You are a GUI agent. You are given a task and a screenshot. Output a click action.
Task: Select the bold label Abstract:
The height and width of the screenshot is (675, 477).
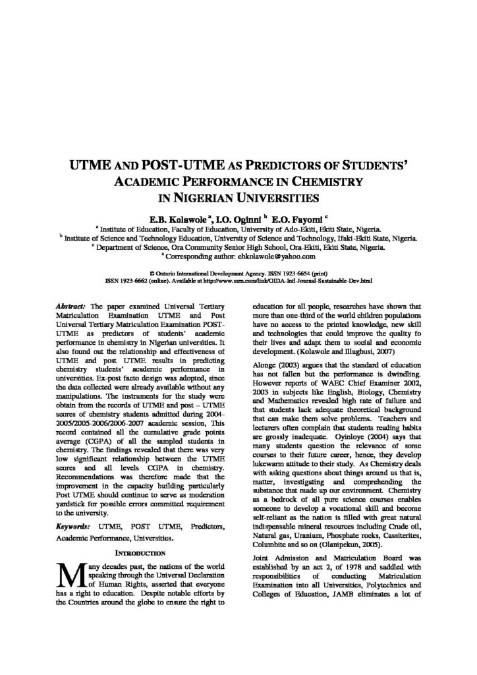point(70,307)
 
